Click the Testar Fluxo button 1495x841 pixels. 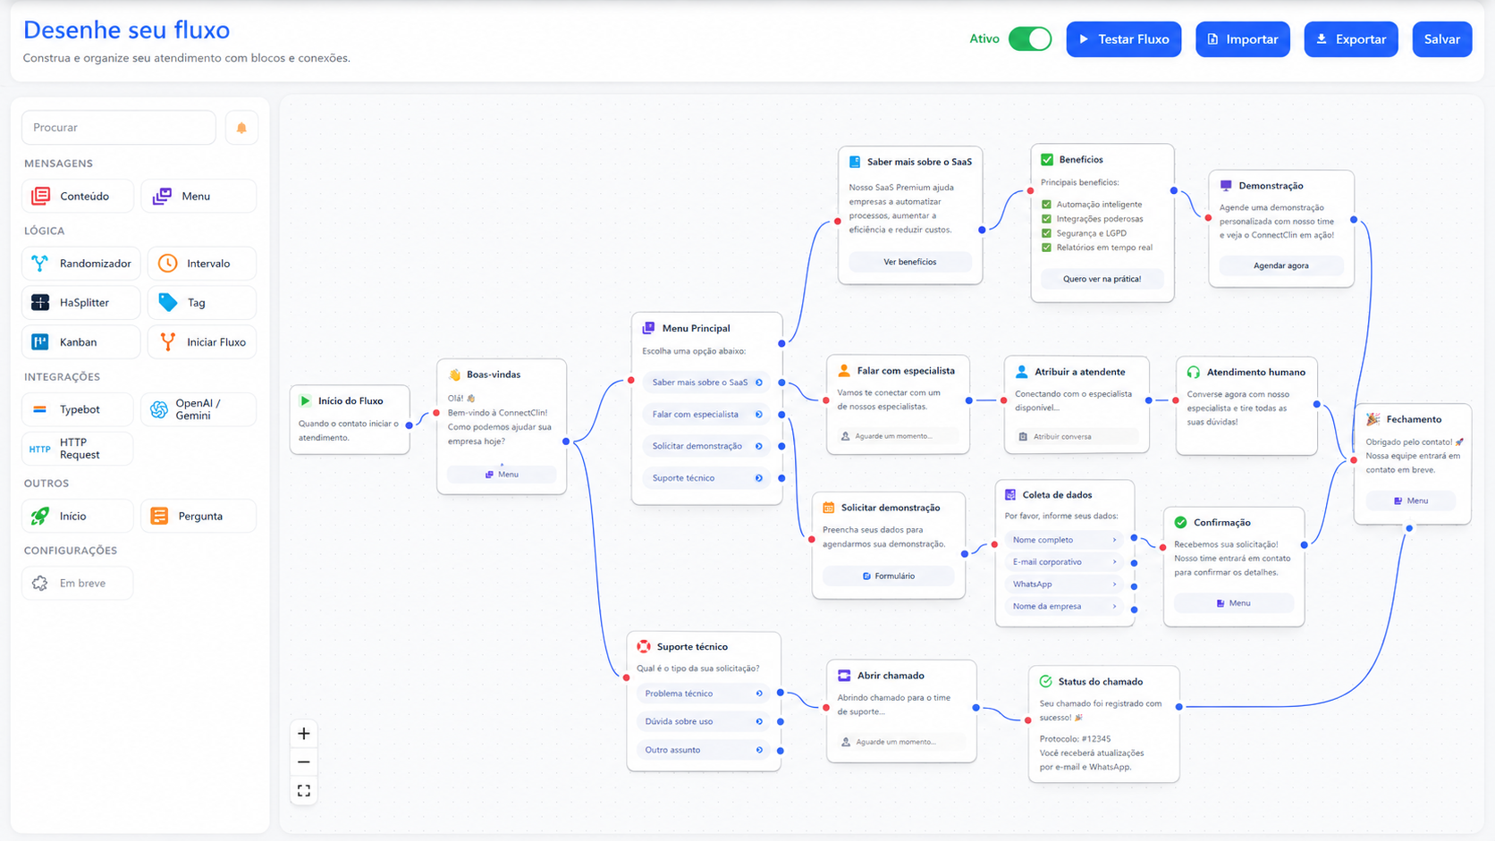pos(1123,39)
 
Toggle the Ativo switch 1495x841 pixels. pos(1030,38)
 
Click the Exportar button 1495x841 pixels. pos(1351,39)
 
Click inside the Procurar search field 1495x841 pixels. pos(119,128)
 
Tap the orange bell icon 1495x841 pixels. pos(241,128)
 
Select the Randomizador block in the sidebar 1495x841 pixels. pos(80,264)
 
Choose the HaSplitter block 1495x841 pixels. pos(80,303)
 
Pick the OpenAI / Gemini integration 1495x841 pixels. pos(198,409)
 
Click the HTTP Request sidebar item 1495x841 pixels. pos(78,449)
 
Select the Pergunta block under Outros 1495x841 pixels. pos(198,517)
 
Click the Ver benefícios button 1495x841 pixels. pos(909,262)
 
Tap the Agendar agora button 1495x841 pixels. pos(1280,265)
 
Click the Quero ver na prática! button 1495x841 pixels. pos(1102,279)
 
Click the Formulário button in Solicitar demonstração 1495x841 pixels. pos(888,576)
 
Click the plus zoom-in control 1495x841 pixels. pos(304,735)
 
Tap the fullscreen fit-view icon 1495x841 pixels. pos(304,791)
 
